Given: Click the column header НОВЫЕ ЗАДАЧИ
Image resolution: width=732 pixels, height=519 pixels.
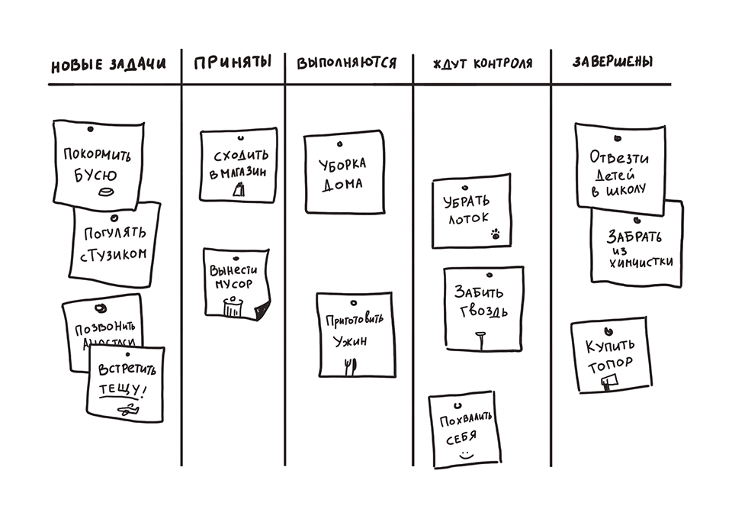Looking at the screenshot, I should coord(108,65).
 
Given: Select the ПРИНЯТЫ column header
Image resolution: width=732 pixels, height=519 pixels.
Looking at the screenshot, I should coord(233,63).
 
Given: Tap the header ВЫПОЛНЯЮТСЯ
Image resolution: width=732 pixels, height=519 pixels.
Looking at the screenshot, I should coord(346,63).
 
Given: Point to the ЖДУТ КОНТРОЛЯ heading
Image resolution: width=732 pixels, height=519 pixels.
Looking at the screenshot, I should coord(482,63).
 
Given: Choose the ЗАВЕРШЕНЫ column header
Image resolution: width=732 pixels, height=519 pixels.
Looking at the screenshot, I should coord(612,62).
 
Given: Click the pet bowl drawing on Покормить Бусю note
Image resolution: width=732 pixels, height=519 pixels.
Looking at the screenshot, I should coord(107,192).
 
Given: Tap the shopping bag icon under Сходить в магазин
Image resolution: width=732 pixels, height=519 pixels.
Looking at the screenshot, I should coord(239,190).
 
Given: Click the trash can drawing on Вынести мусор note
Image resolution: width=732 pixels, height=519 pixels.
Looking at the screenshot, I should coord(233,306).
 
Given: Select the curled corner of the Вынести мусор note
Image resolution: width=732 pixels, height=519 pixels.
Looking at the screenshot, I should coord(262,311).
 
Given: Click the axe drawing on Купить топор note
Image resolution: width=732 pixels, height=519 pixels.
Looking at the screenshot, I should coord(608,382).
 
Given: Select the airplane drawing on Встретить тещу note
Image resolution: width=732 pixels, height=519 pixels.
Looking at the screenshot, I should coord(124,410).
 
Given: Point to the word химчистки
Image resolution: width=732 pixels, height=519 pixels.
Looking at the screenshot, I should coord(641,261).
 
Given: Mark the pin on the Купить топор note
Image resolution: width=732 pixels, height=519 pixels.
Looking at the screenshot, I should coord(608,330).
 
